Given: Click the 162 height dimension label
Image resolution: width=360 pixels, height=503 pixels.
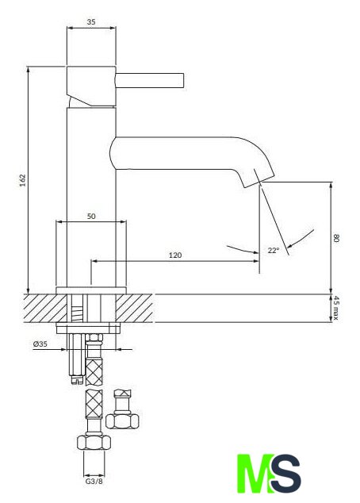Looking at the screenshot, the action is point(22,181).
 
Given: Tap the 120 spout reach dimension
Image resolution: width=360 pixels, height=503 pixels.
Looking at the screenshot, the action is point(175,255).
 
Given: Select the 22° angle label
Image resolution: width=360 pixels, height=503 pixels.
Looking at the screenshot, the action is point(274,250).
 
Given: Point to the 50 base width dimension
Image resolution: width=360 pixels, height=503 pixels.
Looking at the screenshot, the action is point(91,217).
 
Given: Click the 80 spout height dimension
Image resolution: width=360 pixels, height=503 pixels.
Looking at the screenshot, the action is point(336,238).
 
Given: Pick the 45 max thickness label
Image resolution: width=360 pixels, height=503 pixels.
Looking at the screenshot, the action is point(335,308).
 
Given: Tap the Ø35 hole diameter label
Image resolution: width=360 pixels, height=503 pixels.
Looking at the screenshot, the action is point(40,344).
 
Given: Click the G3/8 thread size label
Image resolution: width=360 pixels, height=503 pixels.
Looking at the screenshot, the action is point(94,482).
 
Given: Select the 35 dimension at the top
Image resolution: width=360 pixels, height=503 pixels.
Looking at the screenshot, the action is point(91,22).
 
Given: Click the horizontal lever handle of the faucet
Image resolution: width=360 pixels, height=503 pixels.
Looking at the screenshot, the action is point(150,80).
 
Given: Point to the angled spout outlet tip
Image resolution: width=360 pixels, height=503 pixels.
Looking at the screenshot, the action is point(259,182).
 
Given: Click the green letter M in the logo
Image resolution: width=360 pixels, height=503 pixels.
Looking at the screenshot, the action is point(255,474).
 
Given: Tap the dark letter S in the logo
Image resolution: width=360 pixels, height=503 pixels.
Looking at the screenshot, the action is point(285,474).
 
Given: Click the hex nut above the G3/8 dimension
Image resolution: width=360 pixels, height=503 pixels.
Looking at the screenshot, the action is point(94,442).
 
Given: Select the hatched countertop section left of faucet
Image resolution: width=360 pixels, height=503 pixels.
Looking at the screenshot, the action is point(45,308).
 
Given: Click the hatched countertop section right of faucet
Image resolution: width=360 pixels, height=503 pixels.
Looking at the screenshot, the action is point(135,308).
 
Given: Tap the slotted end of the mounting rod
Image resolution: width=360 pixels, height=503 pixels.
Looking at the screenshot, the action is point(77,380).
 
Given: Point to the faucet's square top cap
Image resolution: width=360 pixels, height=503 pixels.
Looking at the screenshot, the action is point(91,86).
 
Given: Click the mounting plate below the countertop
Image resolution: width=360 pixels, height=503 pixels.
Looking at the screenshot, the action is point(88,328).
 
